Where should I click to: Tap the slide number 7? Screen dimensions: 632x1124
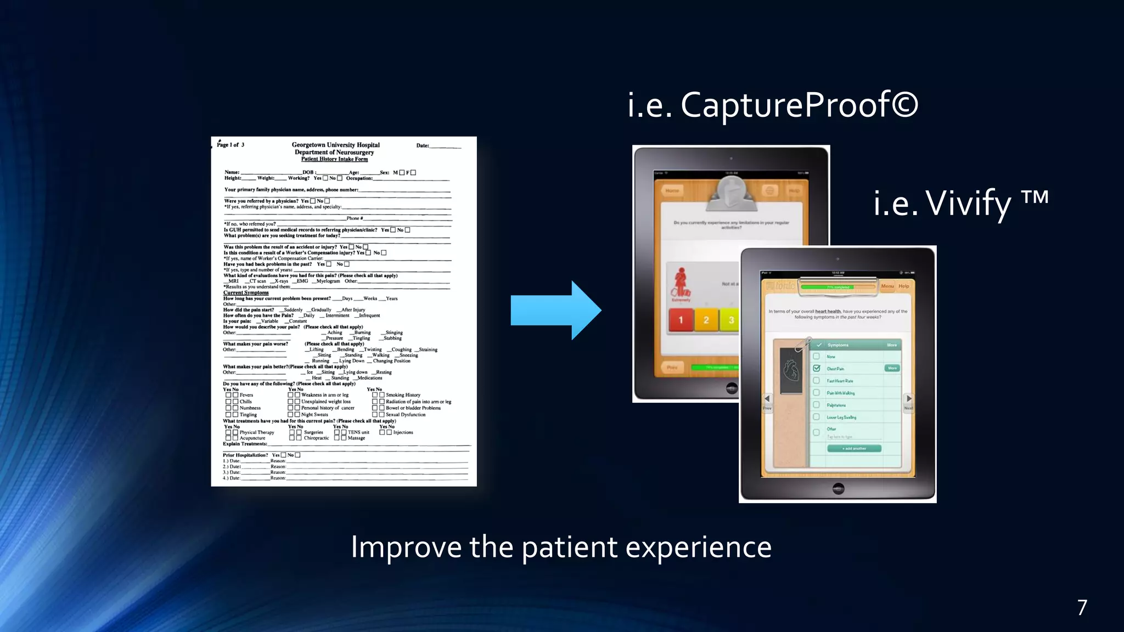click(1082, 607)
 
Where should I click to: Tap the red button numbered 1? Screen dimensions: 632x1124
click(681, 320)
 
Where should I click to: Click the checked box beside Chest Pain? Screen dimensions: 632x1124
click(817, 368)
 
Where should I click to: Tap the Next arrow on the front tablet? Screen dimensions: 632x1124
click(908, 399)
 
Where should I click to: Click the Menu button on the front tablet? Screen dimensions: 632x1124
click(887, 286)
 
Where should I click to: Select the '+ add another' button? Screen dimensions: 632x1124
click(854, 448)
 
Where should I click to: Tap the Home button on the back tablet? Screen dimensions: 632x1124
click(672, 190)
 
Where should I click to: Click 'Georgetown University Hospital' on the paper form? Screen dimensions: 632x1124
click(335, 145)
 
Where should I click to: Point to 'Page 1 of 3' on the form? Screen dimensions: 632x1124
click(231, 145)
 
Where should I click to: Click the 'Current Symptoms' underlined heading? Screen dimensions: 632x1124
click(246, 292)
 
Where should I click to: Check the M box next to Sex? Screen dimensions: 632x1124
click(402, 172)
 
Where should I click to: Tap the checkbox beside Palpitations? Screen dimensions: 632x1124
click(817, 405)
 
